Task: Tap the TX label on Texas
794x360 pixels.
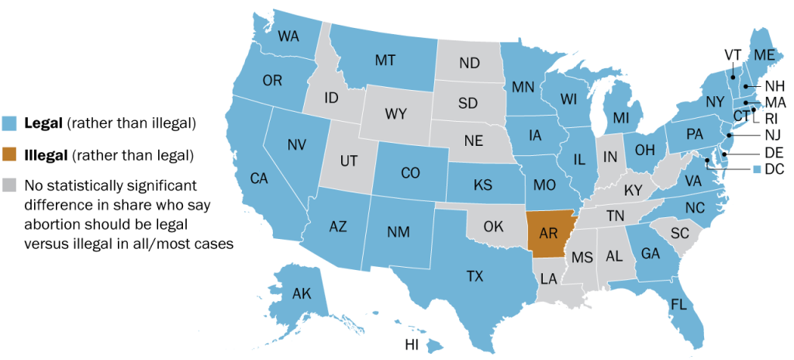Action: click(x=475, y=275)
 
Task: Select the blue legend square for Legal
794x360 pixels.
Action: click(x=10, y=123)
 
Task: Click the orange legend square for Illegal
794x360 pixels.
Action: click(x=10, y=155)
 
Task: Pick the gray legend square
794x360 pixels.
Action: click(x=10, y=186)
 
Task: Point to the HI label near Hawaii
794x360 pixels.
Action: click(x=413, y=344)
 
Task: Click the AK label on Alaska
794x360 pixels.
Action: click(x=302, y=295)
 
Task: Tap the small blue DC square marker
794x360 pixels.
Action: click(x=756, y=169)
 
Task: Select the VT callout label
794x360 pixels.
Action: click(x=733, y=54)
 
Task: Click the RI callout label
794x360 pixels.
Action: click(x=771, y=119)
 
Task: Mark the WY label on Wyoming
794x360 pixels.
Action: click(x=395, y=114)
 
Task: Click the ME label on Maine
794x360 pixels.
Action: click(x=764, y=54)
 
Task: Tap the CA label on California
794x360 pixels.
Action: click(x=259, y=178)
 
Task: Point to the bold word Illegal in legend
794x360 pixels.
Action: click(x=45, y=155)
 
